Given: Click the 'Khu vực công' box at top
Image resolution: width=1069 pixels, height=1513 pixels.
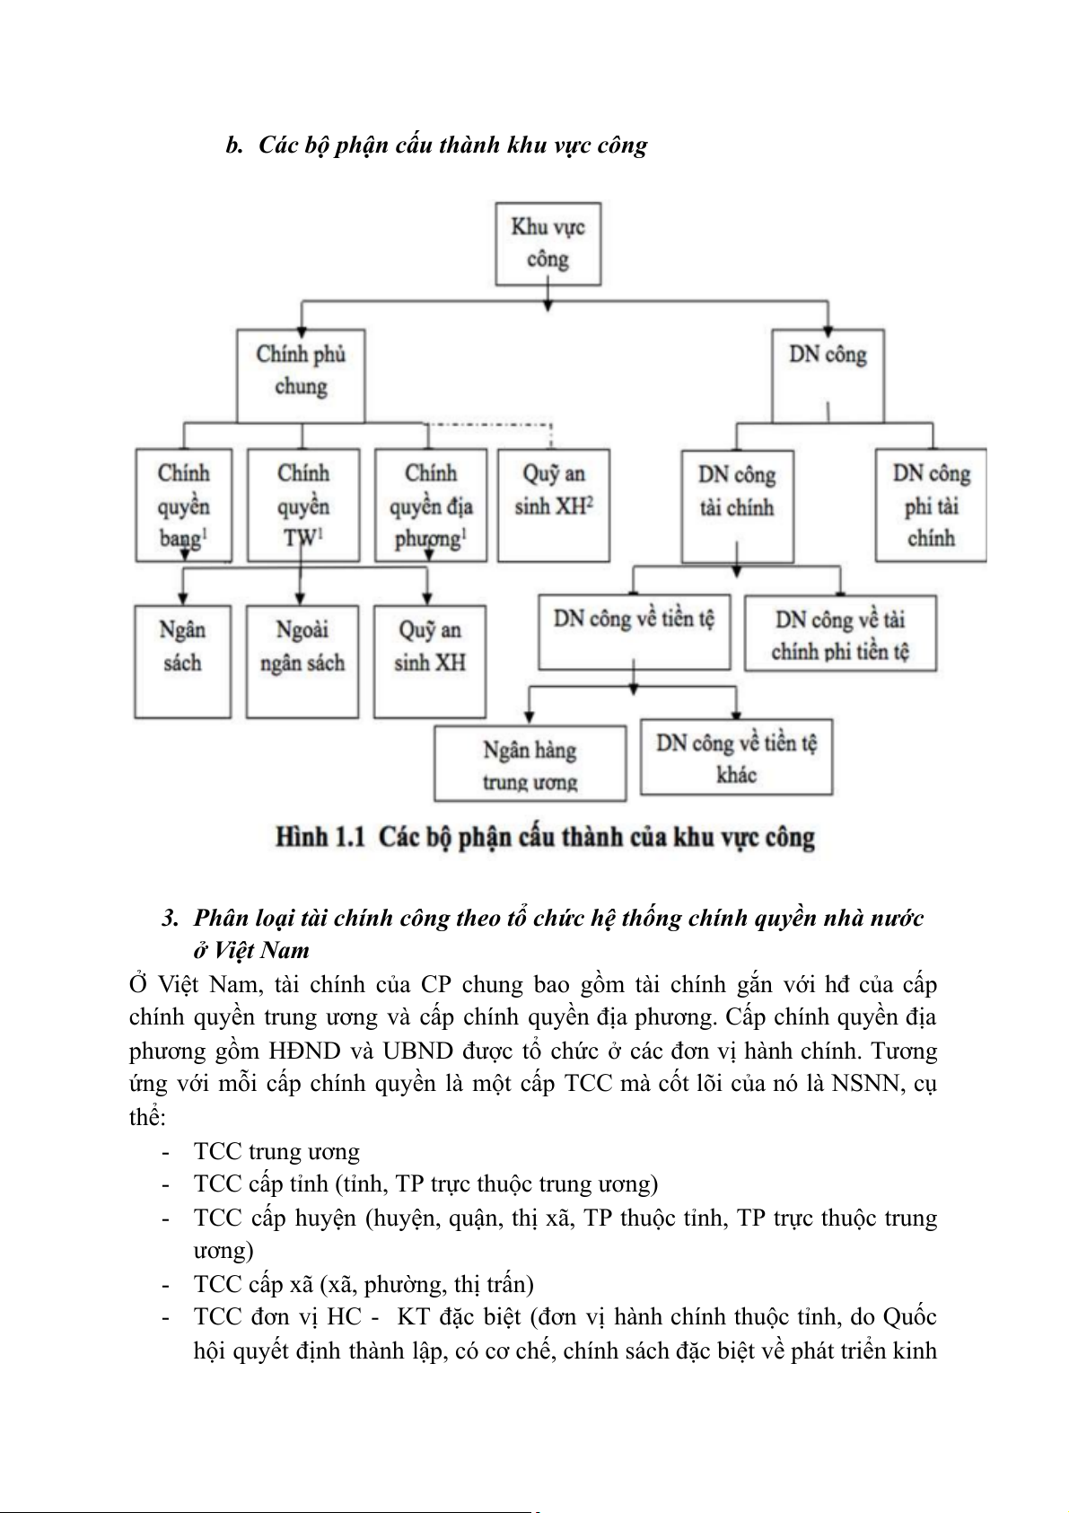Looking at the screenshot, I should pos(548,243).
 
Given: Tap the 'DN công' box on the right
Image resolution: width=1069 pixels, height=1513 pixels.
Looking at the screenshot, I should pos(828,373).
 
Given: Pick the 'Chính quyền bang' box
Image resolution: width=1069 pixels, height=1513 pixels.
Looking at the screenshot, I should pos(183,506).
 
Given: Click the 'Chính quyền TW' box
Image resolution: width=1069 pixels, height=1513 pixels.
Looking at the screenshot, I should pos(302,506).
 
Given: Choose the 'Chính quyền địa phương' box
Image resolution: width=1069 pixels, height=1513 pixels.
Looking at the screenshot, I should pos(430,506).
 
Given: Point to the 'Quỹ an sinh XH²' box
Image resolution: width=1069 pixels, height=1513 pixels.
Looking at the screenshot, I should pos(554,506).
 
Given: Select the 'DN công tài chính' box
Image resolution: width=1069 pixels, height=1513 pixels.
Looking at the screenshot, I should pos(737,506).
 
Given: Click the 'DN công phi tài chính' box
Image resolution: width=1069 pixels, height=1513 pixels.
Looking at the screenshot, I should pos(931,506).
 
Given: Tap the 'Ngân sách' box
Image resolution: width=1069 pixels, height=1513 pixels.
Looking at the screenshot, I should pos(182,661).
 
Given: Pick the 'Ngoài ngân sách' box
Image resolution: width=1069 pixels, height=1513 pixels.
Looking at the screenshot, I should pos(302,661).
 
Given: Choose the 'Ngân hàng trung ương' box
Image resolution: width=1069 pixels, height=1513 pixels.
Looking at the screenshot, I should pos(530,764).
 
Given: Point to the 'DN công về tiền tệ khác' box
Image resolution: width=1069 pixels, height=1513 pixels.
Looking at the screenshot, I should pos(736,758).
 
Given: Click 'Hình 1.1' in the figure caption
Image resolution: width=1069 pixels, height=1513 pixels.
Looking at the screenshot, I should pos(320,838).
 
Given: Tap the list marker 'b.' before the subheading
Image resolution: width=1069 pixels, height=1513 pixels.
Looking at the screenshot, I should pos(235,145).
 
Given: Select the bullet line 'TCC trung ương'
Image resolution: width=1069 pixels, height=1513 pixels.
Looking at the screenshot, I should pos(276,1152).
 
